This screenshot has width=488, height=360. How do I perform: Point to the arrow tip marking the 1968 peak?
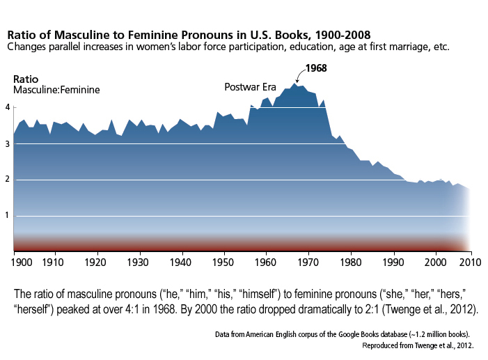(x=296, y=82)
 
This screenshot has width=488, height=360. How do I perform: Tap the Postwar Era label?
(x=251, y=87)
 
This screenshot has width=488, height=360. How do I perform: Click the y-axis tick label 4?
(x=8, y=107)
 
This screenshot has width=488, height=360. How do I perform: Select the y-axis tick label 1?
(x=8, y=215)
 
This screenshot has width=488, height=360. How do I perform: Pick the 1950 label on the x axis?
(x=223, y=263)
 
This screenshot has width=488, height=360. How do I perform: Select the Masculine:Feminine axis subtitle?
(x=56, y=91)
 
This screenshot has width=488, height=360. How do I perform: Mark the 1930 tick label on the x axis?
(x=139, y=263)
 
